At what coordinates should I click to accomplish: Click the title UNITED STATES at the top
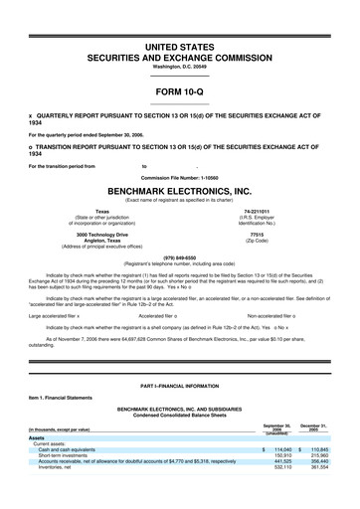click(179, 47)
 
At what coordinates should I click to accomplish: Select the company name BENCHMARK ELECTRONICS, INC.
click(179, 188)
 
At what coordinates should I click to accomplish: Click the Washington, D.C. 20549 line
click(179, 67)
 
